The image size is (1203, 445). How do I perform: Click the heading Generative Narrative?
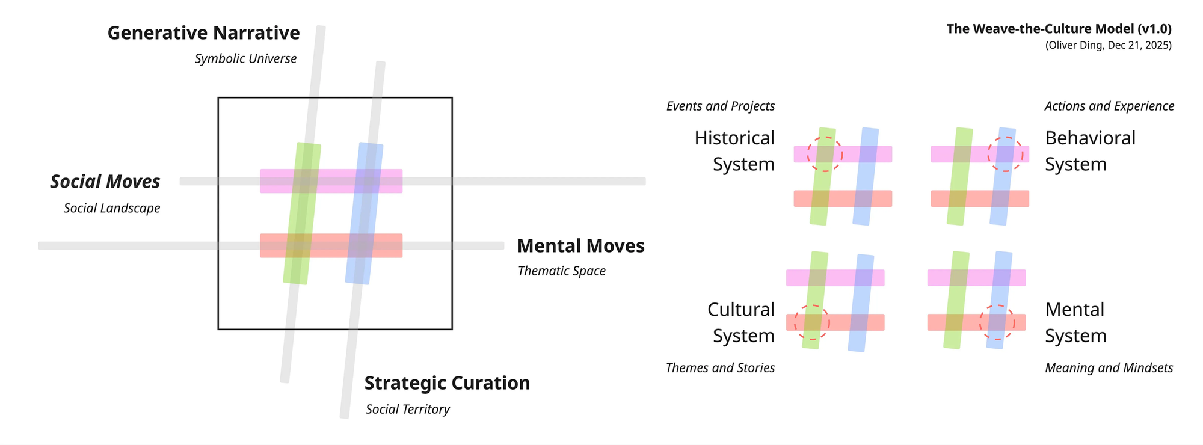pos(203,33)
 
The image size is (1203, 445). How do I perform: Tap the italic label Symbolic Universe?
pos(245,59)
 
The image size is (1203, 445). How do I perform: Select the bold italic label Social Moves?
pos(105,182)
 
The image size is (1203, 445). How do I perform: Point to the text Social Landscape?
pos(112,209)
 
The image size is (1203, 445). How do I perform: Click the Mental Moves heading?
pos(580,246)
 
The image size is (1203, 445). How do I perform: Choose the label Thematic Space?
pos(561,271)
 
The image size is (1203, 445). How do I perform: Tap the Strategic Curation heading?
pos(447,383)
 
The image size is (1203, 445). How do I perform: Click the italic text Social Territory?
pos(407,410)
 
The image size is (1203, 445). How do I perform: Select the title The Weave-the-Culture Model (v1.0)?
pos(1059,29)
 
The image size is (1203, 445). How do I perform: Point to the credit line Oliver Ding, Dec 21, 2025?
pos(1108,46)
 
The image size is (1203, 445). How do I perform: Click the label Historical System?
pos(734,151)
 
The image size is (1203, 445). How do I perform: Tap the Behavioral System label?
pos(1090,151)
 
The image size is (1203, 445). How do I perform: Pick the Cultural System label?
pos(741,322)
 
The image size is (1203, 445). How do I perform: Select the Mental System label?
pos(1075,322)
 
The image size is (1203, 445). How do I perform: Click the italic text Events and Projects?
pos(720,106)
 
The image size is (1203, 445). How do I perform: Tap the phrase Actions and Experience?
pos(1109,106)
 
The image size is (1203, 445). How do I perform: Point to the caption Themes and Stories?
pos(720,368)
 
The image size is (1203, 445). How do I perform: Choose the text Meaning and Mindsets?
pos(1109,368)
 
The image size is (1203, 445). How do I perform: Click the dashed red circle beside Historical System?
pos(825,154)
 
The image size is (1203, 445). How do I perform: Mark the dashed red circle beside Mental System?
pos(997,322)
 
